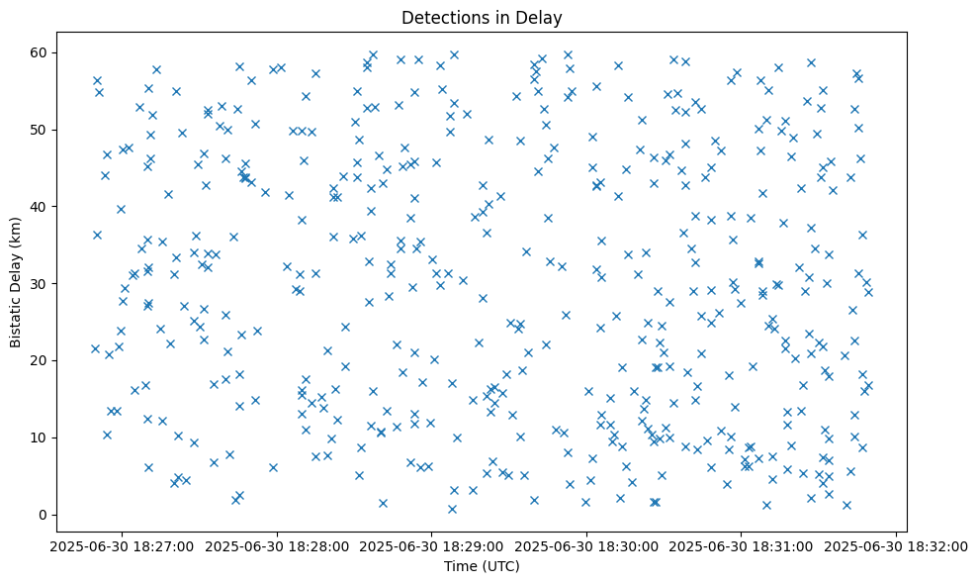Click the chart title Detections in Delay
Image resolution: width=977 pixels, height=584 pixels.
(x=482, y=18)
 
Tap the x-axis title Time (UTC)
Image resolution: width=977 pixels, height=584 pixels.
(x=482, y=566)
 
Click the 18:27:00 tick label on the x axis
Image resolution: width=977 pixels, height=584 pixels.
(x=123, y=545)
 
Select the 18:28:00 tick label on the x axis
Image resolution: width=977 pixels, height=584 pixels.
(x=278, y=545)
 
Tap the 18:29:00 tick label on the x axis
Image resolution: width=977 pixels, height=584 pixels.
(x=432, y=545)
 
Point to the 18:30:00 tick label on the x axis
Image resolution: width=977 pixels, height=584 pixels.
(x=587, y=545)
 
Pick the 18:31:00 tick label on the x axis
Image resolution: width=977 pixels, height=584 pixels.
(x=742, y=545)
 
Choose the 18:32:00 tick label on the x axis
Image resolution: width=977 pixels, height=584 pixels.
(x=897, y=545)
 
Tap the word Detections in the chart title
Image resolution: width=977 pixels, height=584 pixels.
(x=440, y=18)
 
